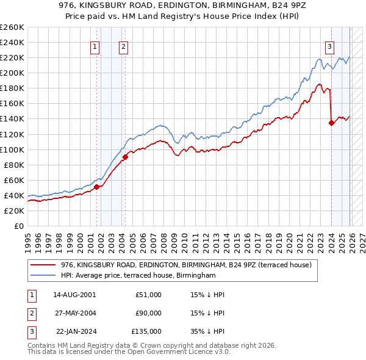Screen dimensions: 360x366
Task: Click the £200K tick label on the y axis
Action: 12,73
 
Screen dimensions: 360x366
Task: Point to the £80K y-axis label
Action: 13,165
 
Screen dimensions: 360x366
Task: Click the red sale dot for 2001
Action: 96,187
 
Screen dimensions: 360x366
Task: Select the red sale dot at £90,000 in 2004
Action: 125,157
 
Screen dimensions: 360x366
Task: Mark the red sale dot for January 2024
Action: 331,123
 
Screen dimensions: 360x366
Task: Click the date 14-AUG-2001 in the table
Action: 75,295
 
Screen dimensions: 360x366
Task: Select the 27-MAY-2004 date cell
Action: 75,313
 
